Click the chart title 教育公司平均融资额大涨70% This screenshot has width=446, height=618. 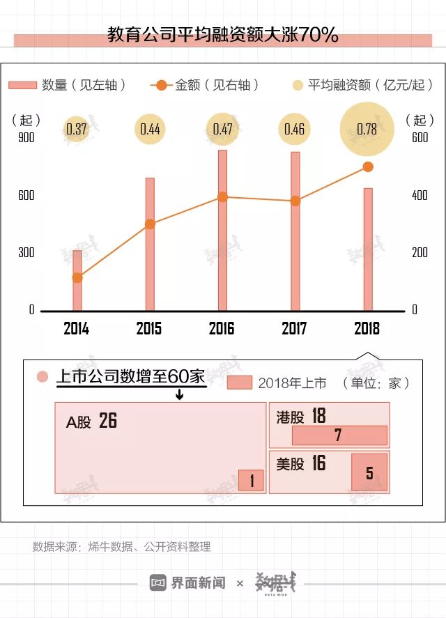coord(223,35)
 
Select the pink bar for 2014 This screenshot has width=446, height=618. coord(77,280)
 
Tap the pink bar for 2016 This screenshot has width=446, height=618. coord(222,230)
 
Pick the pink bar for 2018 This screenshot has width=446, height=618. coord(368,249)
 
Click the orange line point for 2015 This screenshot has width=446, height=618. coord(150,224)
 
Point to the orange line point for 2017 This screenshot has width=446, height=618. coord(295,201)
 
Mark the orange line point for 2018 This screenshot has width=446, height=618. coord(368,167)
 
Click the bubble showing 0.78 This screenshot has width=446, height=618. coord(367,129)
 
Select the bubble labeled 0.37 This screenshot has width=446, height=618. coord(77,129)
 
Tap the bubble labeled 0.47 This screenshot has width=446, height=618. coord(222,129)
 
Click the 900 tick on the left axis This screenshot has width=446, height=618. coord(26,137)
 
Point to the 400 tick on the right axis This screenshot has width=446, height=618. coord(420,195)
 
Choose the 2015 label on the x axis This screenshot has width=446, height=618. coord(149,329)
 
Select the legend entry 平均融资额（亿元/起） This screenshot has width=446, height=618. coord(366,85)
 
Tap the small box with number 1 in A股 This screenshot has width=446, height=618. coord(252,480)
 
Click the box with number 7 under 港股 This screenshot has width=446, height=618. coord(339,435)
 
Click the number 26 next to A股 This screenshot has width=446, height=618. coord(108,421)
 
